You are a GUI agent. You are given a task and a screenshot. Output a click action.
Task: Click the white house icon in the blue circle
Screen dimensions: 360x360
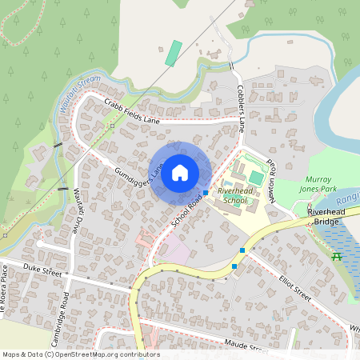click(x=180, y=172)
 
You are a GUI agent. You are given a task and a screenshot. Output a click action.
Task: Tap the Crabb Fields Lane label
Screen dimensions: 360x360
click(x=133, y=110)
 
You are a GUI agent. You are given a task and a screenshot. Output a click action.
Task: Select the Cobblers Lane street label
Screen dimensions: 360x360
click(x=241, y=103)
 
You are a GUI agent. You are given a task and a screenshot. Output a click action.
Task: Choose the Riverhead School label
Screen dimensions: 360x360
click(x=233, y=197)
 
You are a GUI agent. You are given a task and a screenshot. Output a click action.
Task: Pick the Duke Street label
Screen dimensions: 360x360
click(x=42, y=270)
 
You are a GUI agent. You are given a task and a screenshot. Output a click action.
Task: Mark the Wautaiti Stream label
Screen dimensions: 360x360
click(x=79, y=86)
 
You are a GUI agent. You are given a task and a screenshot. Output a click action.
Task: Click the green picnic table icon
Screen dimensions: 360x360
click(x=337, y=256)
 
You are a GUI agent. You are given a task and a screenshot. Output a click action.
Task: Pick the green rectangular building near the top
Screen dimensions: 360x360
click(x=173, y=52)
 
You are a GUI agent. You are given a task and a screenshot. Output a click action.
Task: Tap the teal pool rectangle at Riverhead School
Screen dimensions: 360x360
click(x=255, y=177)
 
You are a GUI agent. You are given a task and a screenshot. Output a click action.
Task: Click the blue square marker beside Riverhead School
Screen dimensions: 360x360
click(x=206, y=192)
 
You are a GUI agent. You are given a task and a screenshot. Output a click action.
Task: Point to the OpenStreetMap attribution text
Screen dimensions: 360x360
click(x=81, y=354)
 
